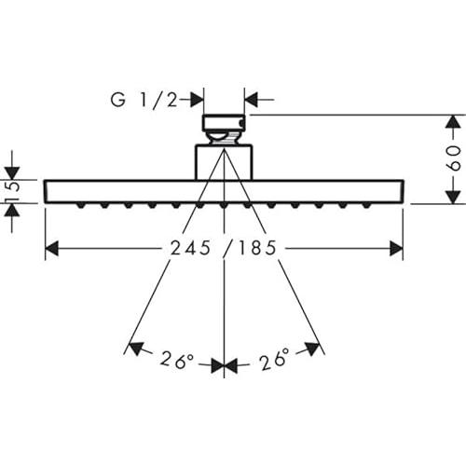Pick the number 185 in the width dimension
(x=257, y=249)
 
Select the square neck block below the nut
(x=224, y=159)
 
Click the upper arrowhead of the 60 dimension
(x=451, y=123)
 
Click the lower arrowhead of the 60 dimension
(x=451, y=196)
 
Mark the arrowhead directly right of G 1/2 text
(x=196, y=98)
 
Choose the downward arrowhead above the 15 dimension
(x=12, y=172)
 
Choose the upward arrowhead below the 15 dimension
(x=12, y=211)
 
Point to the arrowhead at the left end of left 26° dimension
(x=134, y=349)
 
